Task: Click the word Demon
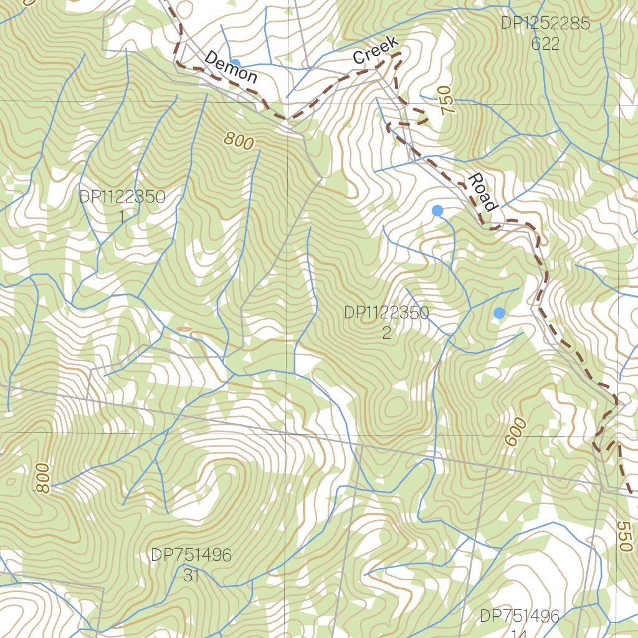[x=231, y=67]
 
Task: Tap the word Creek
[x=375, y=50]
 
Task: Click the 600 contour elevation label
[x=516, y=432]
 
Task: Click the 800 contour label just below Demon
[x=239, y=141]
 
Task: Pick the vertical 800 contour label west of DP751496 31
[x=42, y=478]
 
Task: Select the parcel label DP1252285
[x=545, y=24]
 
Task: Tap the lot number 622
[x=545, y=44]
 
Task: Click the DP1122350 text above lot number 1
[x=122, y=197]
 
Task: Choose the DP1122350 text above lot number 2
[x=386, y=313]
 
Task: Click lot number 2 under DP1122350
[x=386, y=333]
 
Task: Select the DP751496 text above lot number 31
[x=191, y=555]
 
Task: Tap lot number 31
[x=191, y=575]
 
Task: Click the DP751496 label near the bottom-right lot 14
[x=519, y=616]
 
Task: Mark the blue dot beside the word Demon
[x=236, y=64]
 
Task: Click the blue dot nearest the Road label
[x=437, y=211]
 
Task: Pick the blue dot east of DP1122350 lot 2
[x=499, y=313]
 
